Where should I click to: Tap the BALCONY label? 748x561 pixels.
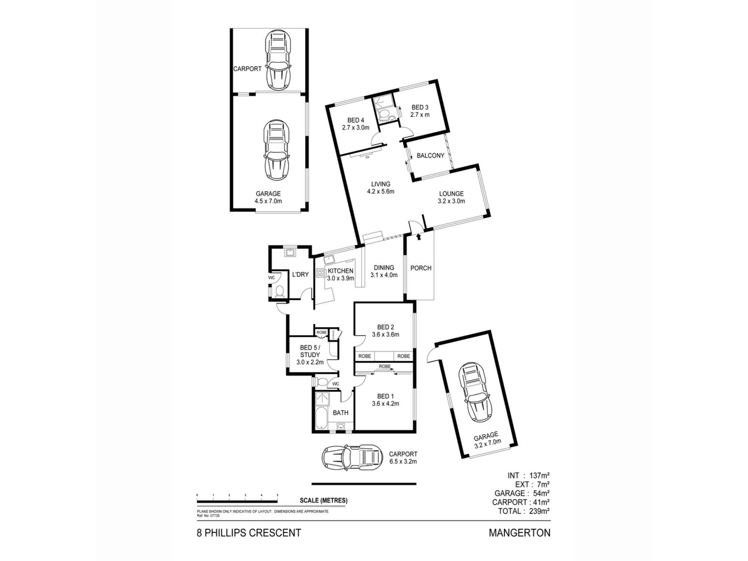coord(430,156)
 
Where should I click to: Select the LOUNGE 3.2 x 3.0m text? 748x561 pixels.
coord(451,197)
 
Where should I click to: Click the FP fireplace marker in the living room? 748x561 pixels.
coord(367,157)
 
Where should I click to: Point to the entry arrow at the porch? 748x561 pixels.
coord(418,237)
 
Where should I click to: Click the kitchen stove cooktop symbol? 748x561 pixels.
coord(320,273)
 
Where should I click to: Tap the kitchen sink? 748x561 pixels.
coord(330,259)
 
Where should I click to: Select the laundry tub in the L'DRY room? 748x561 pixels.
coord(290,253)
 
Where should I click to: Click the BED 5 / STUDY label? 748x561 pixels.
coord(310,355)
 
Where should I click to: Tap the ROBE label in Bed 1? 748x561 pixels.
coord(384,367)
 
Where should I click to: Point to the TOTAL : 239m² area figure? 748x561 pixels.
coord(524,511)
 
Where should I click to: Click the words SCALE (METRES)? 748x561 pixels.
coord(324,500)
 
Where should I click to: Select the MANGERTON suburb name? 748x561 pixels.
coord(519,533)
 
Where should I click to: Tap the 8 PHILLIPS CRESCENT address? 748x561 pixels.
coord(249,533)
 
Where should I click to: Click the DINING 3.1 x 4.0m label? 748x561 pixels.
coord(384,271)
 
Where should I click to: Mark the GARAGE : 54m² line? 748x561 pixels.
coord(522,493)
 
